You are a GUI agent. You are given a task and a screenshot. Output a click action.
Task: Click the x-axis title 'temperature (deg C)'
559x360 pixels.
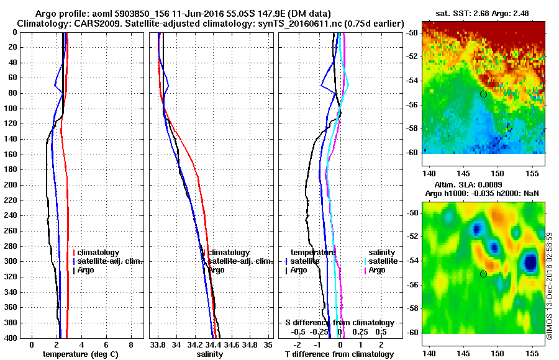point(80,354)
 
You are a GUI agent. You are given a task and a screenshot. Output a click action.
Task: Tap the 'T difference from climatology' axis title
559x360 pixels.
point(339,354)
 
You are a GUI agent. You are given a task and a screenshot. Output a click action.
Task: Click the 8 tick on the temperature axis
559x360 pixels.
point(131,344)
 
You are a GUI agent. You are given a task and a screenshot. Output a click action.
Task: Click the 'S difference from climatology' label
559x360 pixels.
point(339,323)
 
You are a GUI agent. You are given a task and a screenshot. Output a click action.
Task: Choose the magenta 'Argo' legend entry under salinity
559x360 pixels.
point(377,270)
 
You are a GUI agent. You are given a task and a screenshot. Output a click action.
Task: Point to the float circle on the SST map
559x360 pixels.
point(483,94)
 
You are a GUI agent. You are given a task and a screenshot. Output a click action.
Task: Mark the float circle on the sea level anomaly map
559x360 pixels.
point(483,274)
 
